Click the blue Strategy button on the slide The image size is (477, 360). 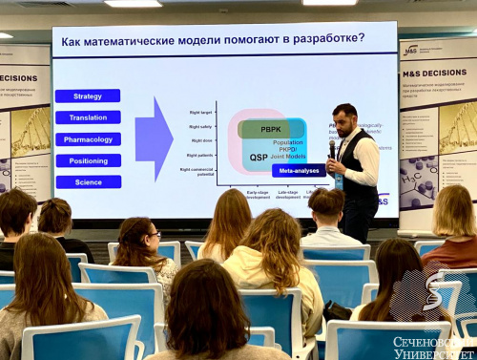[x=88, y=95]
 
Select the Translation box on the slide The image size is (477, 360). [x=88, y=117]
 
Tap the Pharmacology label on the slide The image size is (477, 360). [x=88, y=138]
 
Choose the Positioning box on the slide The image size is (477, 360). [x=88, y=160]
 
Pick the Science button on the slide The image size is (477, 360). [x=88, y=181]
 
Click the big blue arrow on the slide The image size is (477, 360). [x=154, y=138]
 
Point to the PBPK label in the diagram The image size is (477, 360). [x=271, y=129]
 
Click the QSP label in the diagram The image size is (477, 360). [x=259, y=157]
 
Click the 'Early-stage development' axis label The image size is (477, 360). [x=258, y=194]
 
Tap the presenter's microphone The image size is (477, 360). [x=333, y=151]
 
